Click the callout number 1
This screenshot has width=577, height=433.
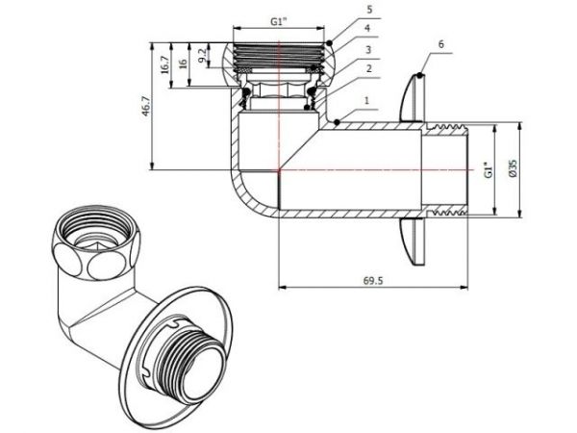[367, 100]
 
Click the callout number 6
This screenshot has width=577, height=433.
[439, 43]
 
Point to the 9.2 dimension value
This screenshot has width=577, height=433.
[200, 56]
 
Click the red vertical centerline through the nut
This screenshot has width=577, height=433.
[281, 106]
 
